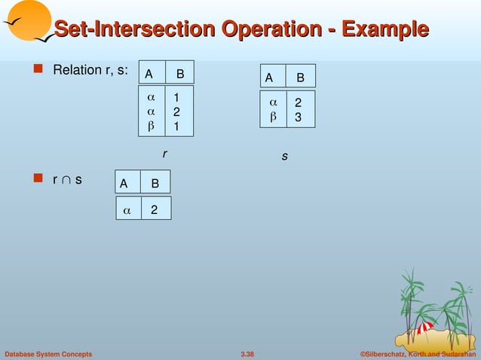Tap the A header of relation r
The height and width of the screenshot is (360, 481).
pos(149,74)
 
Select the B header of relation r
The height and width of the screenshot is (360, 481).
pos(180,74)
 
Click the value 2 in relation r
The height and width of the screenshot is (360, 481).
pos(176,111)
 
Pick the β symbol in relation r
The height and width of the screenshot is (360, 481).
pos(151,126)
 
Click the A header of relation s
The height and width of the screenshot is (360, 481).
pos(268,78)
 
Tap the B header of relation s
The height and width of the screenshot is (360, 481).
pos(301,78)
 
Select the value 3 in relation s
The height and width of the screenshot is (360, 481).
pos(299,117)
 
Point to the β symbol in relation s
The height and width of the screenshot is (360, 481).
pos(274,117)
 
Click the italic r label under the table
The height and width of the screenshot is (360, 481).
pos(164,154)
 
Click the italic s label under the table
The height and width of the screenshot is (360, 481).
pos(285,157)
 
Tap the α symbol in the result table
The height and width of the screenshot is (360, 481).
pos(127,210)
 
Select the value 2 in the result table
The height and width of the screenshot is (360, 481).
pos(154,210)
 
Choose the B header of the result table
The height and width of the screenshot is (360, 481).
pos(155,184)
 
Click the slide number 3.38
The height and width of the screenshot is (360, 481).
pos(247,354)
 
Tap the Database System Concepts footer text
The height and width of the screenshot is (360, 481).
pos(48,354)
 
